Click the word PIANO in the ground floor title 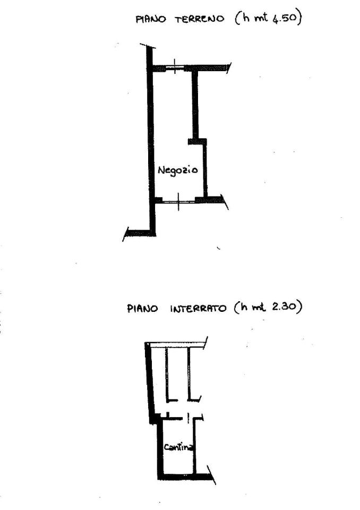pyautogui.click(x=151, y=19)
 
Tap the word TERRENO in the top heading pyautogui.click(x=200, y=19)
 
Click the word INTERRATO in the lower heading pyautogui.click(x=198, y=308)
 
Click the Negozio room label pyautogui.click(x=177, y=171)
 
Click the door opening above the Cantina pyautogui.click(x=188, y=418)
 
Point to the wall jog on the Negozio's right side pyautogui.click(x=198, y=141)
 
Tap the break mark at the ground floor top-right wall pyautogui.click(x=229, y=67)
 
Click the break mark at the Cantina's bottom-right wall pyautogui.click(x=211, y=475)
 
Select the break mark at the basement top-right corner pyautogui.click(x=205, y=343)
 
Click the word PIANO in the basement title pyautogui.click(x=142, y=308)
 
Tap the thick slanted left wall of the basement pyautogui.click(x=150, y=383)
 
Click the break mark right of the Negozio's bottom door pyautogui.click(x=225, y=202)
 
